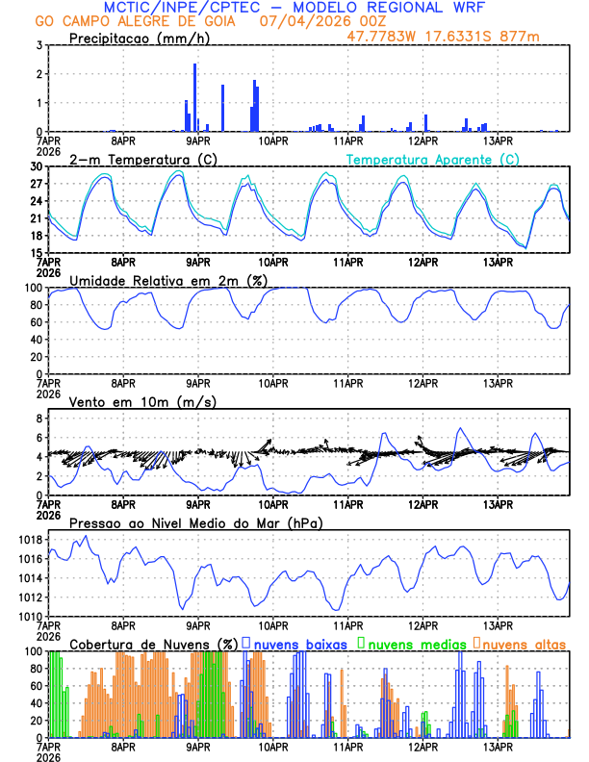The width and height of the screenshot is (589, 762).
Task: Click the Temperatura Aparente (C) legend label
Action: click(x=432, y=159)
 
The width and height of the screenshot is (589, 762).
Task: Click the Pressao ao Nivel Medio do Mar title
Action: click(x=195, y=522)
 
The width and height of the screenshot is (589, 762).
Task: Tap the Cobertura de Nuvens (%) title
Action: click(x=153, y=643)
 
